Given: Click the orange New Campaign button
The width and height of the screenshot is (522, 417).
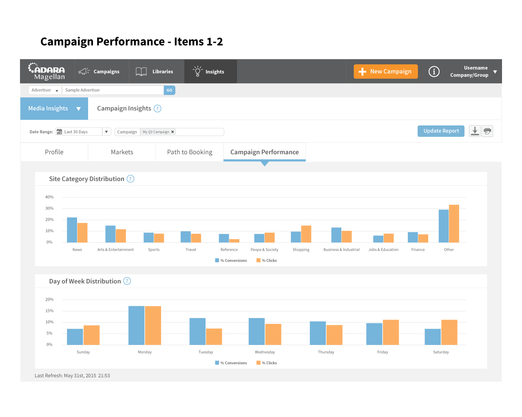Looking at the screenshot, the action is coord(385,72).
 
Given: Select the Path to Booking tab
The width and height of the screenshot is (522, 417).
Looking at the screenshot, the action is coord(190,152).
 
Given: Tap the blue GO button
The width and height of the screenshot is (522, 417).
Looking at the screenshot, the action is coord(169,90).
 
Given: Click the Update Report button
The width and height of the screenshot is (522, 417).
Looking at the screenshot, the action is coord(441,131).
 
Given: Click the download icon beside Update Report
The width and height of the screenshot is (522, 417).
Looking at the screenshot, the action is coord(474,131).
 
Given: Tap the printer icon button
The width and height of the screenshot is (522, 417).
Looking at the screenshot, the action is coord(487,131).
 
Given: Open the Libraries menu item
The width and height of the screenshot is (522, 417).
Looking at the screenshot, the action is coord(154,72).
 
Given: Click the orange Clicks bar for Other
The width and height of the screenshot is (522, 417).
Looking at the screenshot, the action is coord(454,224).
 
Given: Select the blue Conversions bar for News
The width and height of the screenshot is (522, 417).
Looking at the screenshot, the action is coord(72,230).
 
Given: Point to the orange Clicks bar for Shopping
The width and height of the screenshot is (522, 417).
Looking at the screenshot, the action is coord(306,234).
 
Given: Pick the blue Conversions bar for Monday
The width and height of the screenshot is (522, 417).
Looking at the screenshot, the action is coord(136,325).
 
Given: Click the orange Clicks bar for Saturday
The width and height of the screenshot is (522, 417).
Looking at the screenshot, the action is coord(449,332).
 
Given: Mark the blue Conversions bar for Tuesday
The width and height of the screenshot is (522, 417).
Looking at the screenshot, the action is coord(197,331).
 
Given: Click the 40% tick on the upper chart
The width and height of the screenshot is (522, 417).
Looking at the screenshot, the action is coord(49,197).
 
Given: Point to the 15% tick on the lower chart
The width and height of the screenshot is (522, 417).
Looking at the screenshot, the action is coord(49,311).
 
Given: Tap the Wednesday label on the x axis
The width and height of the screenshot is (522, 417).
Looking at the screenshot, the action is coord(265,352).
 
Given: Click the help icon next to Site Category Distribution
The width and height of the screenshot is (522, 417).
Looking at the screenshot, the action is coord(130,179).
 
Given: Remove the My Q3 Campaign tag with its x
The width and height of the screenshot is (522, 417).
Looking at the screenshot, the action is coord(173,132).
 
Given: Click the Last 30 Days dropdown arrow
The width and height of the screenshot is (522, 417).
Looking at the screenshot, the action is coord(106,132).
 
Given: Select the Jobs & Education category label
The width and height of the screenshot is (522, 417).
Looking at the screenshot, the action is coord(383,250).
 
